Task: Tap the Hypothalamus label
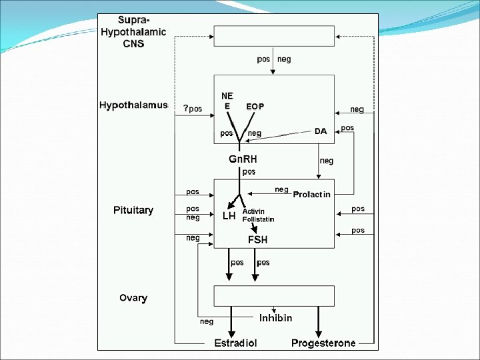(x=133, y=106)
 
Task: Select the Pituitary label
(x=133, y=210)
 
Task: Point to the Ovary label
(x=133, y=298)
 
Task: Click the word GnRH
(x=243, y=159)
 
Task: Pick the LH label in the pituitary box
(x=229, y=216)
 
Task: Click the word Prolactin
(x=312, y=194)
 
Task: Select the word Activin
(x=253, y=211)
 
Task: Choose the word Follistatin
(x=258, y=219)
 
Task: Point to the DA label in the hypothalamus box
(x=321, y=131)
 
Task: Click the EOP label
(x=255, y=107)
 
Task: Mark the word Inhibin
(x=275, y=318)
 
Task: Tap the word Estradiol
(x=235, y=343)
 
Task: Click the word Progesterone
(x=323, y=343)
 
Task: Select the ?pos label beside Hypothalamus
(x=193, y=109)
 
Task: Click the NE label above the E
(x=227, y=95)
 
